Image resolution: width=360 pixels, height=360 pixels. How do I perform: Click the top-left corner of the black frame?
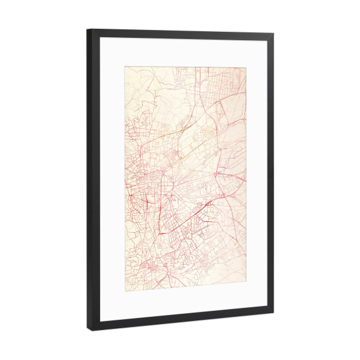pos(87,29)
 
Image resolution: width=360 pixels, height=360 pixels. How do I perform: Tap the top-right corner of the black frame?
pos(274,34)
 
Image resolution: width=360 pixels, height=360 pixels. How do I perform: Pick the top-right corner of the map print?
pos(246,67)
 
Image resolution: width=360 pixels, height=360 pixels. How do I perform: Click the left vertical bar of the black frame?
pos(94,180)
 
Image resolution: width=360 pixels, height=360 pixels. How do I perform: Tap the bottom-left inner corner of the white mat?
pos(100,320)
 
